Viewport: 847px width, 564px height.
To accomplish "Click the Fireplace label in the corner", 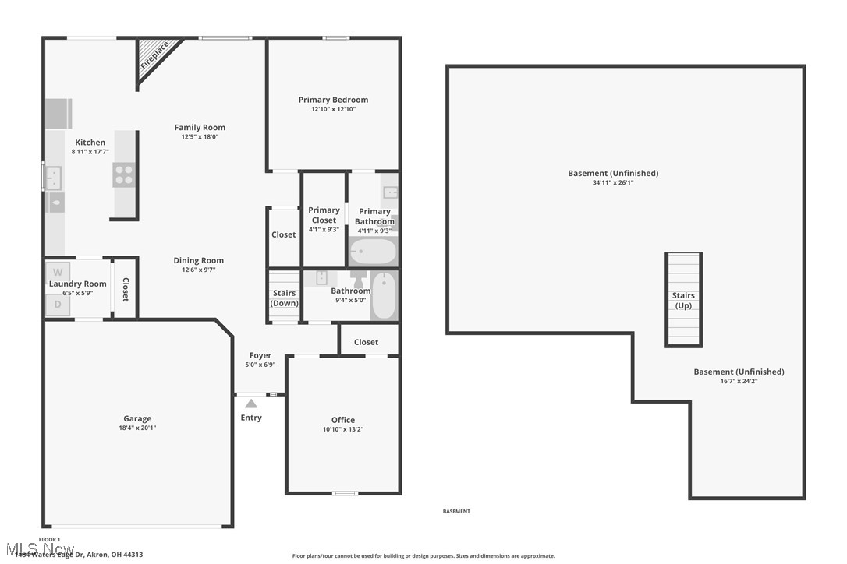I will pos(154,56).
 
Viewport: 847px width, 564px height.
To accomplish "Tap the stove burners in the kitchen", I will pos(123,174).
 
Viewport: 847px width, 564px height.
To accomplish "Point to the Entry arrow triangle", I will pos(251,404).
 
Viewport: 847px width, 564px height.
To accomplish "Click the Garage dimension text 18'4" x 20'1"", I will pos(137,428).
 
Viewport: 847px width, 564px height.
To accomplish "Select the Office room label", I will pos(342,420).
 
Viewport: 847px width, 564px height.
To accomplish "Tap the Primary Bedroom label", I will pos(333,100).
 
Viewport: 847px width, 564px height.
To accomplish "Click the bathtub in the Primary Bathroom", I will pos(373,252).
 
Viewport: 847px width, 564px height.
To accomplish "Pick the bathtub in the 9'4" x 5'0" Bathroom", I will pos(383,296).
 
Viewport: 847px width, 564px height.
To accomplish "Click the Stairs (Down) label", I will pos(284,298).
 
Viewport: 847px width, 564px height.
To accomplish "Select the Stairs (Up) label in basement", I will pos(683,301).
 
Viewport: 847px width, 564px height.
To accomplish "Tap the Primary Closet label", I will pos(324,215).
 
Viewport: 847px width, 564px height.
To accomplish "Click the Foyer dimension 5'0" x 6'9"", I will pos(260,365).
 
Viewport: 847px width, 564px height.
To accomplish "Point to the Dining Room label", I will pos(198,261).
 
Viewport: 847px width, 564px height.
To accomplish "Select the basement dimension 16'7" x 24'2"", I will pos(739,381).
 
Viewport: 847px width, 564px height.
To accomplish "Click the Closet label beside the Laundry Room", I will pos(125,290).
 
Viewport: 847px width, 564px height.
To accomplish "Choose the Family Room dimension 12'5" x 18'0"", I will pos(200,137).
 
